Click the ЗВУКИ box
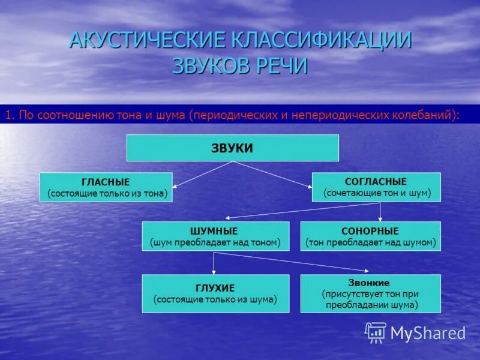232,148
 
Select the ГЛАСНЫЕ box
106,187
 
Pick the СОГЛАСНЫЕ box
376,187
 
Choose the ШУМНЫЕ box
215,236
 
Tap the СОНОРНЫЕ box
370,236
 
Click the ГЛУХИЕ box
215,293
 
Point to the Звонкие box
370,293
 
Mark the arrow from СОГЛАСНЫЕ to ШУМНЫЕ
300,210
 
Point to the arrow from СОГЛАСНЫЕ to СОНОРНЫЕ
380,211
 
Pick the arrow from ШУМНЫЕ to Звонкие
294,262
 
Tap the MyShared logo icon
376,332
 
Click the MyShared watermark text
428,333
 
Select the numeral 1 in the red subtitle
8,115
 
